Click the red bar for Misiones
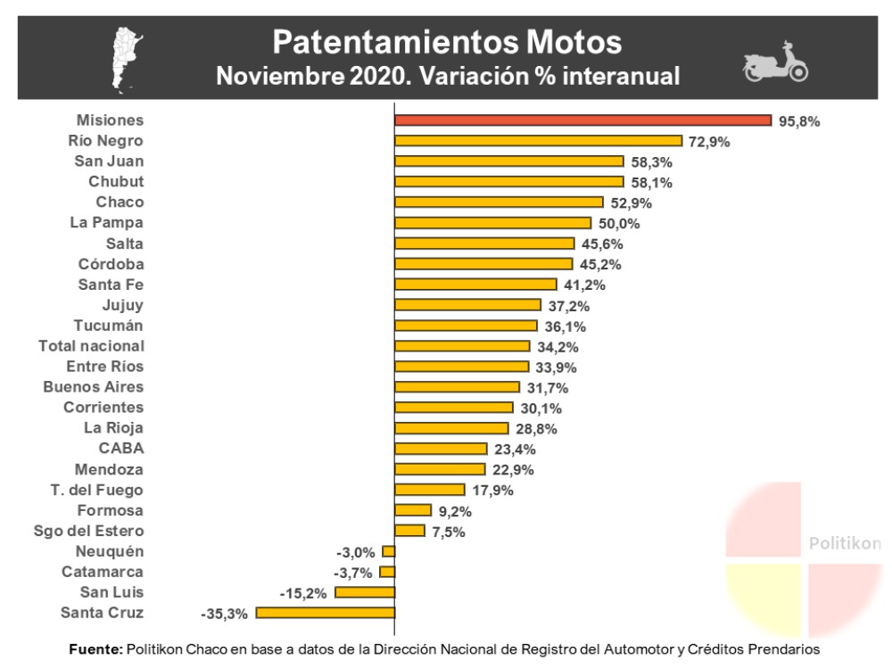(x=582, y=120)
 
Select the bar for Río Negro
(x=538, y=141)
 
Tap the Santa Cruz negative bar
(x=326, y=613)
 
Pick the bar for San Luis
(x=365, y=592)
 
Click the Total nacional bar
(x=462, y=346)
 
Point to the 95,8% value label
(x=799, y=121)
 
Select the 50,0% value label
(x=619, y=224)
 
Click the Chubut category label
(x=116, y=182)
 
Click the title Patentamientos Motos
(x=447, y=41)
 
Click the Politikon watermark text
(x=844, y=543)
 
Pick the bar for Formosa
(x=413, y=510)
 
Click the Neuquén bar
(x=388, y=551)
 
